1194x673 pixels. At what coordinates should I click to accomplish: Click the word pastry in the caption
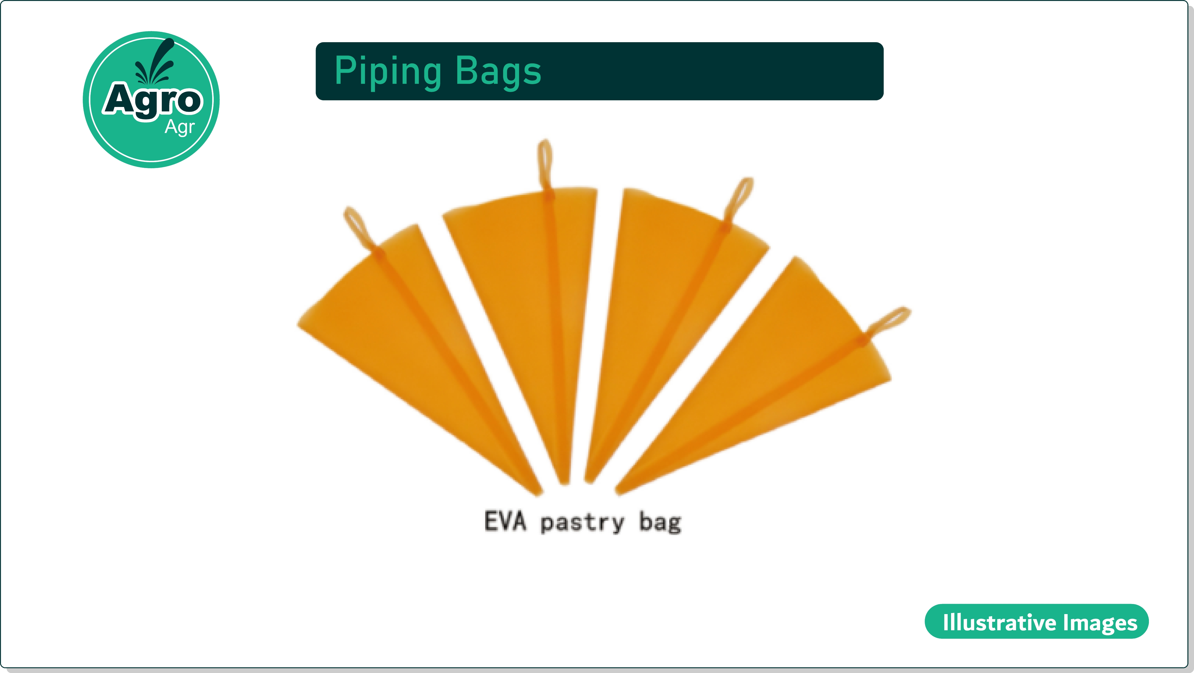(582, 523)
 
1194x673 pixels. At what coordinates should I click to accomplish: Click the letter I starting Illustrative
(946, 622)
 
